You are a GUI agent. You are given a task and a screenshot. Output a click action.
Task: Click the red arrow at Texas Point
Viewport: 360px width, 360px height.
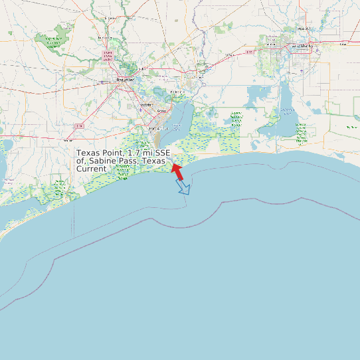pos(177,171)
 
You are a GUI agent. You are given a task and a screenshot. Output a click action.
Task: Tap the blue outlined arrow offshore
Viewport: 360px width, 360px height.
pos(183,187)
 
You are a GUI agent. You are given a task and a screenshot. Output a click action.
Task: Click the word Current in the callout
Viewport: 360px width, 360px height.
pos(91,169)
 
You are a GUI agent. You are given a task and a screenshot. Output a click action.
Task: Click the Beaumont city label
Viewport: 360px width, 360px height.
pos(125,80)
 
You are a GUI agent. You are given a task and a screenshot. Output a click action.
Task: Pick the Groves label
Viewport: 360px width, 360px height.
pos(161,112)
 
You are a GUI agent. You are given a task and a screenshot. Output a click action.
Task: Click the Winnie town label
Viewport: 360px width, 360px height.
pos(68,141)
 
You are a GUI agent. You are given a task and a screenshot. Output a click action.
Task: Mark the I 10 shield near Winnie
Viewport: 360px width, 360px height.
pos(79,126)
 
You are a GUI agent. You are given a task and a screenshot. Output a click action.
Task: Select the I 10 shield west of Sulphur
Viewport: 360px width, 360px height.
pos(249,51)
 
